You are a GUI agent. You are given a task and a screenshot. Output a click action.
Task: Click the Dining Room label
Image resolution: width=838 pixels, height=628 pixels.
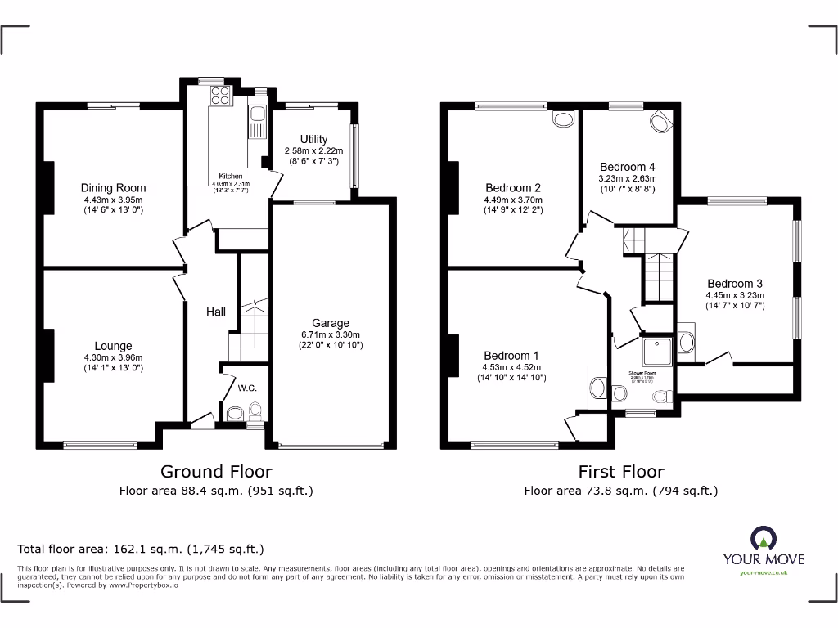(113, 187)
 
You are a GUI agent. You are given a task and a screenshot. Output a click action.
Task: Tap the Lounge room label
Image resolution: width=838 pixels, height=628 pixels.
(113, 346)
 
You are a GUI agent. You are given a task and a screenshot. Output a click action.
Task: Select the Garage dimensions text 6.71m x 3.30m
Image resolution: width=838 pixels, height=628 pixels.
(330, 334)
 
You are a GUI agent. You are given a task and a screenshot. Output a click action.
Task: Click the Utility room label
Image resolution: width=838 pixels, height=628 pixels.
(313, 139)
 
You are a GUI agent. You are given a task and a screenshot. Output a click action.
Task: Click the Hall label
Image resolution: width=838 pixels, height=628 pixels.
(215, 312)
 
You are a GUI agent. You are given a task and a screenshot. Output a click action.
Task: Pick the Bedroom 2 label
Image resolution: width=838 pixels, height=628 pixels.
(512, 187)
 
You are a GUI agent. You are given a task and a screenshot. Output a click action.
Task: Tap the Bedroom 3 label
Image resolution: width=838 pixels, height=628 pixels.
(735, 284)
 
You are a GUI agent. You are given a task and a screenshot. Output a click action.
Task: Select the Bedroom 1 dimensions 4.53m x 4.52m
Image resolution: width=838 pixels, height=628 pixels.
(512, 366)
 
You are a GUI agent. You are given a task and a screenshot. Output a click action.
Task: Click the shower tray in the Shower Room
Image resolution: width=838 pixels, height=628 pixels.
(656, 350)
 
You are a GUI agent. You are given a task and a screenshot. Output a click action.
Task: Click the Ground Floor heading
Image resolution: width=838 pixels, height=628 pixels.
(216, 471)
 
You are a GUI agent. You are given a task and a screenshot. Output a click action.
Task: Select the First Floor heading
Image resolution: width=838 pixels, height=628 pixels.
(620, 471)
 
